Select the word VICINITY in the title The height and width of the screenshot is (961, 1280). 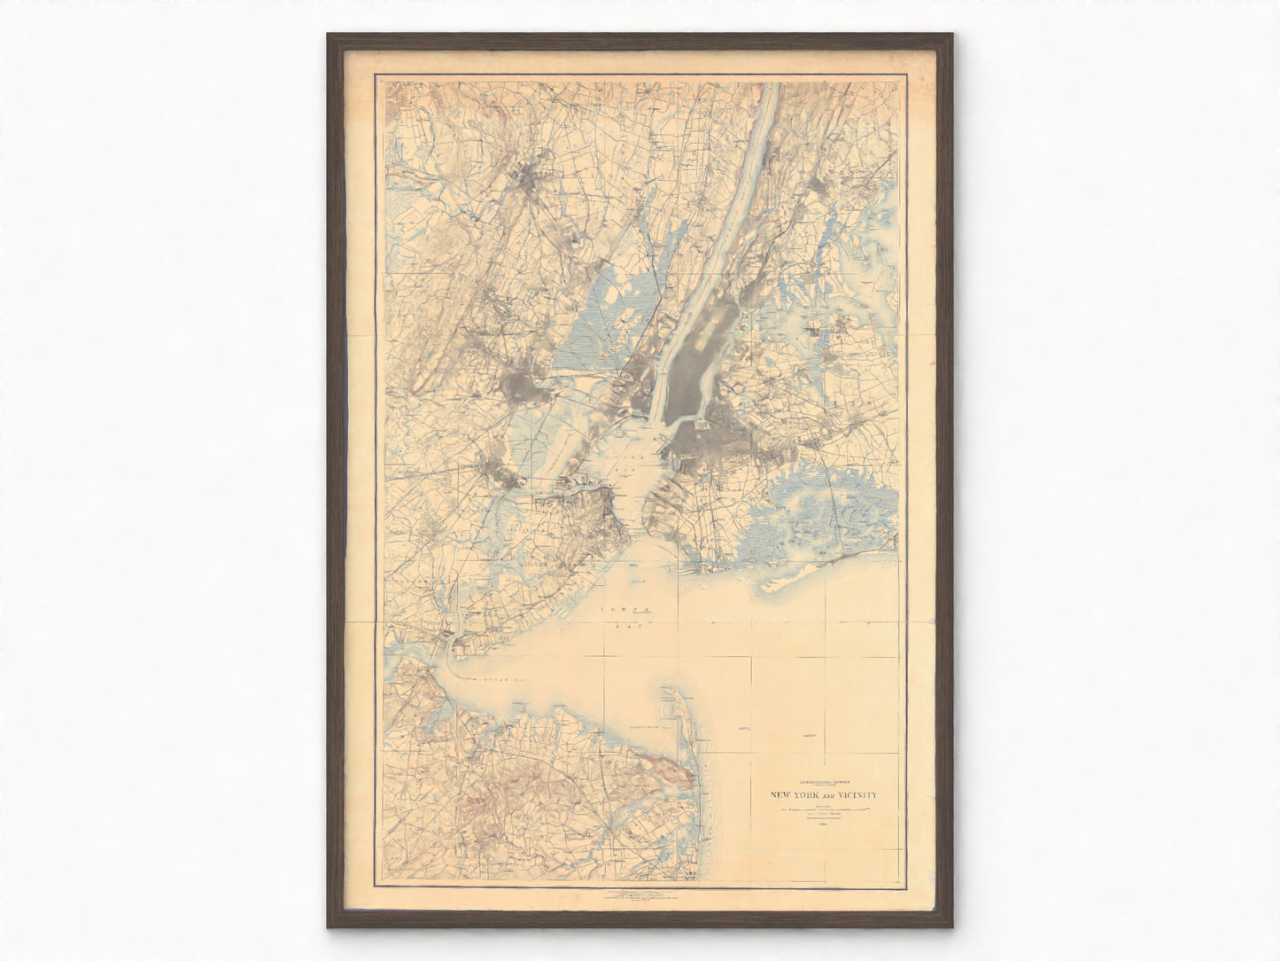click(857, 794)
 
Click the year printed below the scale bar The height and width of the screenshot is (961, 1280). click(824, 824)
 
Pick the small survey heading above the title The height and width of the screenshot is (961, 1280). click(824, 783)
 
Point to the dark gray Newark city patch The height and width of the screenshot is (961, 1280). click(521, 387)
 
